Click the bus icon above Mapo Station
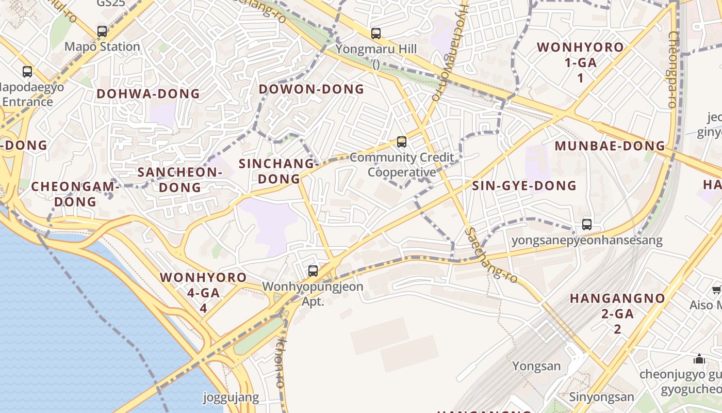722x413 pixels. click(x=102, y=31)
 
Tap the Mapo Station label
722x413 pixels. click(x=102, y=47)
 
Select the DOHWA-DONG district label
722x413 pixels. click(x=148, y=94)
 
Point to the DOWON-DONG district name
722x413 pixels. click(x=311, y=89)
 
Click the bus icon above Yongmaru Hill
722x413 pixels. click(x=376, y=34)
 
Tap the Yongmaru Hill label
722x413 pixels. click(x=376, y=50)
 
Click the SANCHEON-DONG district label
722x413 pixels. click(x=180, y=180)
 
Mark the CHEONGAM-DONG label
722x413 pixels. click(x=75, y=194)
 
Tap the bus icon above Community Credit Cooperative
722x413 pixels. click(x=402, y=141)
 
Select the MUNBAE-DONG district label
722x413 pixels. click(x=610, y=146)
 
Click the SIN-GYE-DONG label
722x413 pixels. click(x=524, y=186)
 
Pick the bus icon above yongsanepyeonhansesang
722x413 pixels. click(x=587, y=225)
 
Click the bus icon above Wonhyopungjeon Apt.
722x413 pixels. click(x=313, y=271)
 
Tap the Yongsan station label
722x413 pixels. click(x=536, y=367)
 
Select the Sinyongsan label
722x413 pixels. click(x=601, y=397)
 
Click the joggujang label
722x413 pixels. click(x=231, y=398)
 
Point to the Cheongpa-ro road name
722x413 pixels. click(x=672, y=69)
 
